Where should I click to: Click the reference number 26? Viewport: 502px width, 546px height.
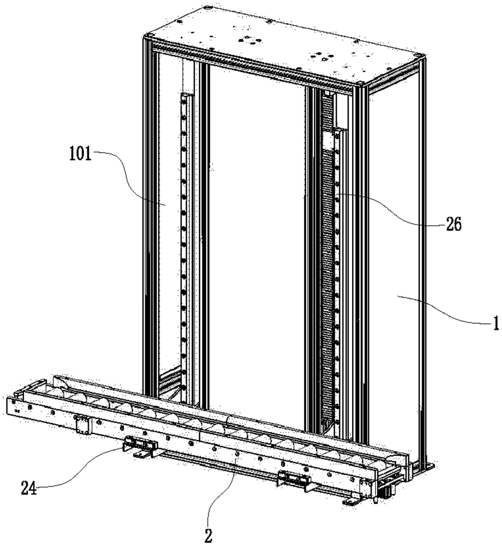pyautogui.click(x=454, y=225)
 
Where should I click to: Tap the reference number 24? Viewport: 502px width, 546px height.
pyautogui.click(x=29, y=488)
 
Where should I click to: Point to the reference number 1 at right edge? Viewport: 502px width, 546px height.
pyautogui.click(x=496, y=323)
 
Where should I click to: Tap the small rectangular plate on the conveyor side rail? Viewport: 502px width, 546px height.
pyautogui.click(x=83, y=425)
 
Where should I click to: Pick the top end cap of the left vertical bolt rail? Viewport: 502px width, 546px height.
pyautogui.click(x=187, y=94)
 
